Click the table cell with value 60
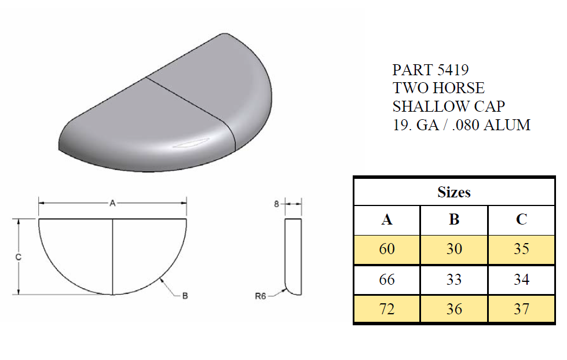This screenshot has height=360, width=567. click(387, 249)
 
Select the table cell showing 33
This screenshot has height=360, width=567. click(454, 280)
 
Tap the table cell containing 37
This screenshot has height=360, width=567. click(521, 309)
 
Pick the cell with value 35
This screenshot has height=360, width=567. click(521, 249)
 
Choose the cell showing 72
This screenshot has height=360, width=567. click(387, 309)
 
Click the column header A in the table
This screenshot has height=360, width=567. click(387, 220)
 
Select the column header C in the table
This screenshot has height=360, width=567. click(521, 220)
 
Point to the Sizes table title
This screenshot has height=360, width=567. click(454, 192)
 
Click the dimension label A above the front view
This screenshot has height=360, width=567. click(112, 203)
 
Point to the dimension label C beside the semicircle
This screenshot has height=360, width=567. click(19, 257)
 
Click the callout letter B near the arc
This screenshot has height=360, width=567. click(185, 296)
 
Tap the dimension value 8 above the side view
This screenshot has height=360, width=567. click(276, 203)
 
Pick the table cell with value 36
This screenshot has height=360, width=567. click(454, 309)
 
